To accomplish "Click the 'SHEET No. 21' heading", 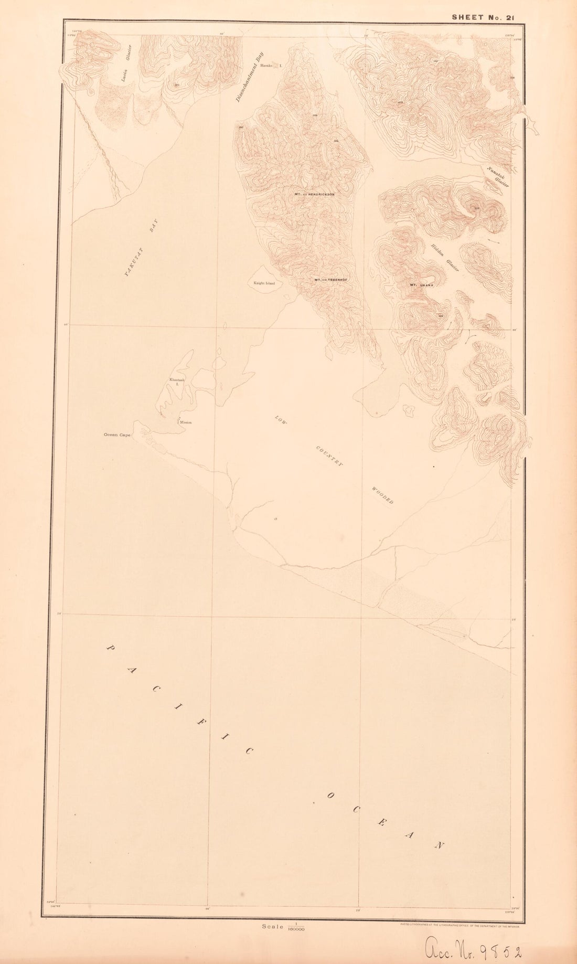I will click(483, 17).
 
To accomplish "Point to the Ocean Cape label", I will click(116, 435).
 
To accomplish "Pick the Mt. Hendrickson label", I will click(314, 194).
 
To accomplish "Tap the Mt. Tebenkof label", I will click(331, 280).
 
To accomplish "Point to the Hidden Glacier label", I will click(445, 258).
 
